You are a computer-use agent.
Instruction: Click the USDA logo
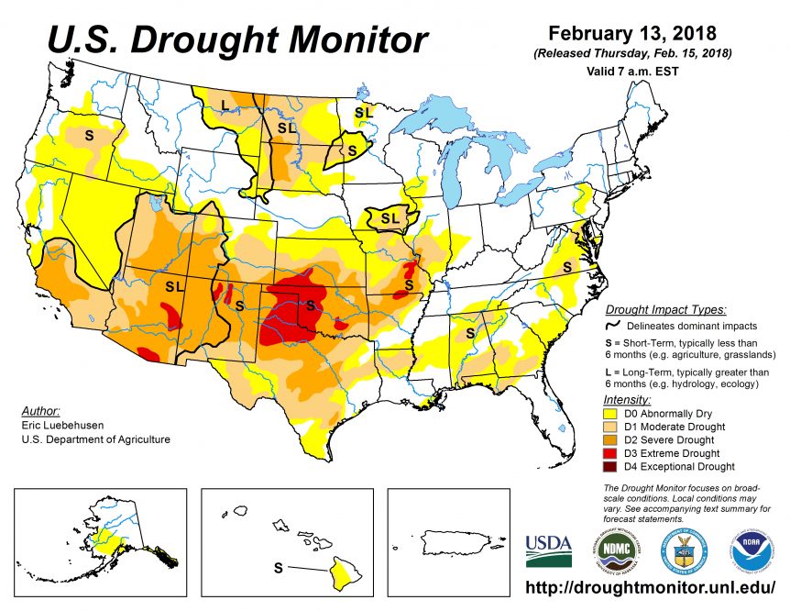[x=548, y=550]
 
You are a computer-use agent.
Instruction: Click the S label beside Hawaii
[x=279, y=568]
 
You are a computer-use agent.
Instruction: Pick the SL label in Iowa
[x=390, y=218]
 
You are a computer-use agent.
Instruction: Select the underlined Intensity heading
[x=627, y=400]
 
